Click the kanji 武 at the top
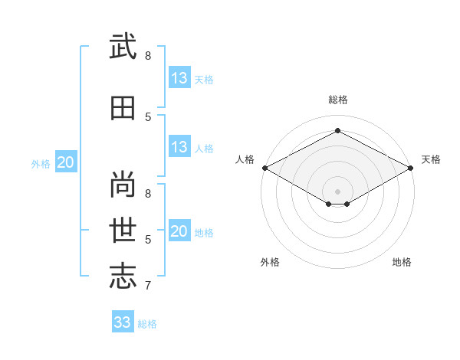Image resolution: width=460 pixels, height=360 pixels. pyautogui.click(x=123, y=46)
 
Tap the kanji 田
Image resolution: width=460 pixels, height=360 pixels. pyautogui.click(x=123, y=108)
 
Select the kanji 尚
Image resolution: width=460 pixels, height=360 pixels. pyautogui.click(x=123, y=184)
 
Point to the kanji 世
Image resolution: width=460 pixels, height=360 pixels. pyautogui.click(x=123, y=230)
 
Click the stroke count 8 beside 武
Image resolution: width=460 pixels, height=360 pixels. pyautogui.click(x=148, y=56)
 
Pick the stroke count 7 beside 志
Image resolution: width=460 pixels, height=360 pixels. pyautogui.click(x=148, y=285)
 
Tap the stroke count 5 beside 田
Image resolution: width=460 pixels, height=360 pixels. pyautogui.click(x=148, y=117)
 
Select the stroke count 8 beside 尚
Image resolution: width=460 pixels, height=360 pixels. pyautogui.click(x=148, y=194)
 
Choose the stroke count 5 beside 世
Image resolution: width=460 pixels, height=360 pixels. pyautogui.click(x=148, y=240)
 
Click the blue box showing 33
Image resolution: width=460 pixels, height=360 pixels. pyautogui.click(x=123, y=321)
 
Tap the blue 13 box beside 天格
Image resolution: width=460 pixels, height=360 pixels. pyautogui.click(x=180, y=77)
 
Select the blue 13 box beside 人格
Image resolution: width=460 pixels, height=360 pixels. pyautogui.click(x=180, y=146)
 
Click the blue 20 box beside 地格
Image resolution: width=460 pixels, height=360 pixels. pyautogui.click(x=180, y=230)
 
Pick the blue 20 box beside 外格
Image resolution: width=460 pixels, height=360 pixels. pyautogui.click(x=66, y=162)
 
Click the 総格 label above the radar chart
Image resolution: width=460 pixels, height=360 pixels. pyautogui.click(x=338, y=100)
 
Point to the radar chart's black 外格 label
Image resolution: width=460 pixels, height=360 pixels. pyautogui.click(x=270, y=262)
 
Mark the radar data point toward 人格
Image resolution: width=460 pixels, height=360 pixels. pyautogui.click(x=265, y=168)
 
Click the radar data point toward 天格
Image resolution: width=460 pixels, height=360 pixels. pyautogui.click(x=411, y=168)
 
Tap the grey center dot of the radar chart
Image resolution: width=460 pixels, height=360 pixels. pyautogui.click(x=337, y=191)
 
